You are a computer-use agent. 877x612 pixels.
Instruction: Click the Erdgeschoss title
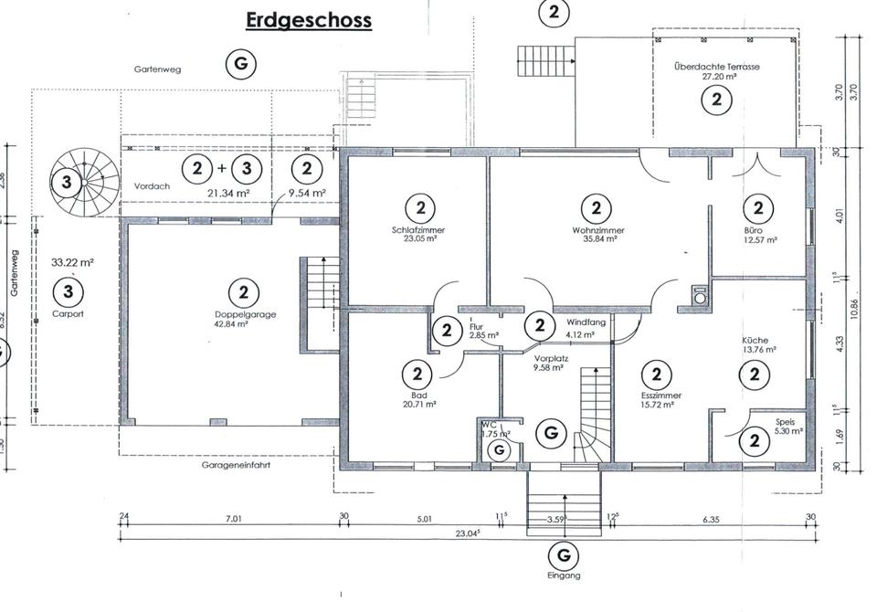click(x=309, y=21)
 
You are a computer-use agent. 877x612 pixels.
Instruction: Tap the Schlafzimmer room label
click(x=418, y=230)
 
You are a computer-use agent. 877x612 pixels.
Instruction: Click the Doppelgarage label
click(x=246, y=314)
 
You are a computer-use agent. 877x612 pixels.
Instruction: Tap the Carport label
click(x=68, y=314)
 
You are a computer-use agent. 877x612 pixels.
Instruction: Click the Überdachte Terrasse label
click(x=717, y=67)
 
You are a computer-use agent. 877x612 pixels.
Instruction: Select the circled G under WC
click(x=499, y=449)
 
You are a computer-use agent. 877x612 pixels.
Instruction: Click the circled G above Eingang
click(x=564, y=555)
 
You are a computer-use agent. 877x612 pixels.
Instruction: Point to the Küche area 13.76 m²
click(x=758, y=350)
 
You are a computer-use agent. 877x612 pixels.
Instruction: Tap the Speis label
click(x=785, y=422)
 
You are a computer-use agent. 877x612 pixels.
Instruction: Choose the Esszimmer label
click(x=661, y=396)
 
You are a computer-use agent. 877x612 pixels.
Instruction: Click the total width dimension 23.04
click(x=468, y=533)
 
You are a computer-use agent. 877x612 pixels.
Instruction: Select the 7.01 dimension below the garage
click(x=233, y=519)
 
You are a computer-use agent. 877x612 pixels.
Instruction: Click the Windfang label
click(x=586, y=322)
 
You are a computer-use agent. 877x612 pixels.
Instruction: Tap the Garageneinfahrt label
click(x=236, y=465)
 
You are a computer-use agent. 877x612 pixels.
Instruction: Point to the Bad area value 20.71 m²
click(x=419, y=404)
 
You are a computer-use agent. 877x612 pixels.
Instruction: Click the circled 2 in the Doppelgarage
click(x=244, y=292)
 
